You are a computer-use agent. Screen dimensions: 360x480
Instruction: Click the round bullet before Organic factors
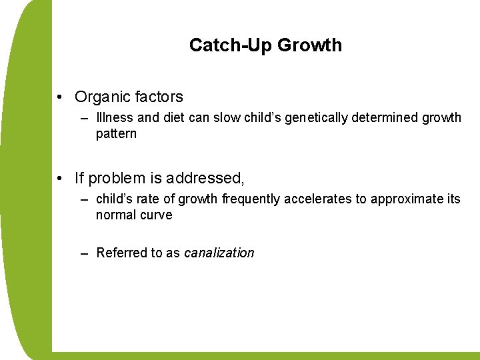point(61,97)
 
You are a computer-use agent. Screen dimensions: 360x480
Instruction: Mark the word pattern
point(116,133)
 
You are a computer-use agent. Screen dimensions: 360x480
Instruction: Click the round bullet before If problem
point(61,179)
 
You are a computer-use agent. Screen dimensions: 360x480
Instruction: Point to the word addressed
point(204,179)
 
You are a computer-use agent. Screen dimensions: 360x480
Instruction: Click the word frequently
point(251,199)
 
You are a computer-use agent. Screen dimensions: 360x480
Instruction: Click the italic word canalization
point(219,253)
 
